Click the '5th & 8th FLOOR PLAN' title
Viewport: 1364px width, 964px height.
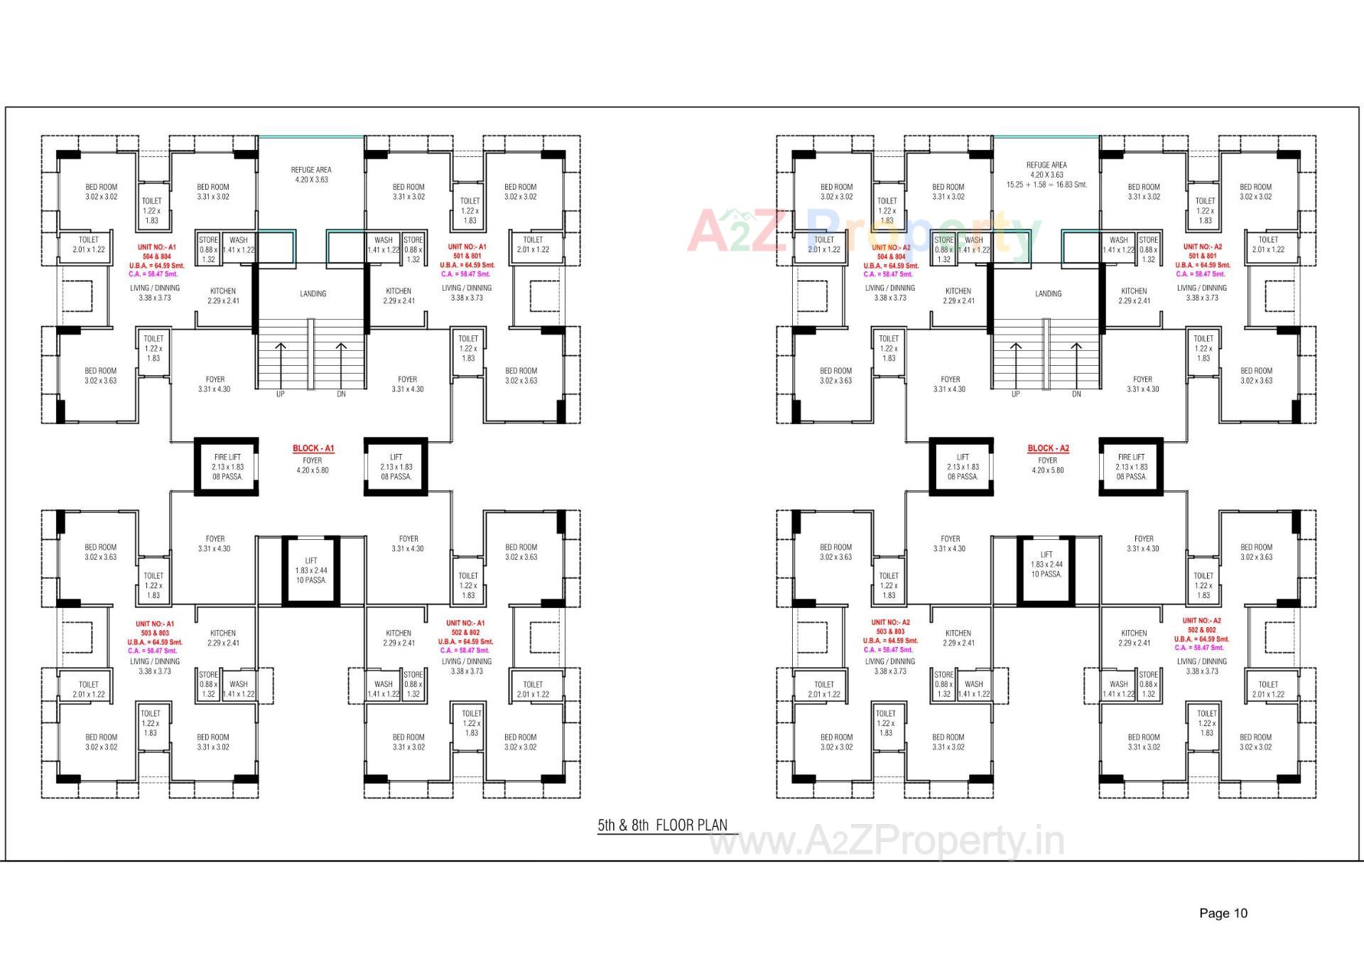click(662, 825)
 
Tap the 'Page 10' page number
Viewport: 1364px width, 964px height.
click(1223, 914)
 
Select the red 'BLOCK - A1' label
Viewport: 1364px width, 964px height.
click(313, 448)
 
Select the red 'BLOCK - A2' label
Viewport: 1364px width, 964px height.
click(1048, 448)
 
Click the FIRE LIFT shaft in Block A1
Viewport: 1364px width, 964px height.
click(227, 467)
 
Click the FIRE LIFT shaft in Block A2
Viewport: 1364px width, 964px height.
click(1131, 467)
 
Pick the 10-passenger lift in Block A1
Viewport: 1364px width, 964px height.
click(311, 570)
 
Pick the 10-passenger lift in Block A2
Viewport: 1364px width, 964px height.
click(1046, 564)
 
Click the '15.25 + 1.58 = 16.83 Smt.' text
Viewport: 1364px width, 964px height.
click(1046, 185)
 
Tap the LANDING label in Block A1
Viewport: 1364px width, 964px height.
click(313, 293)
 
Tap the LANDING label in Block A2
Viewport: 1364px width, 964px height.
click(1048, 293)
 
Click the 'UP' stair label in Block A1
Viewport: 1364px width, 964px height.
click(280, 394)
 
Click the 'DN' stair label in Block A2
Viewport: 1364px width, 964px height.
click(1076, 394)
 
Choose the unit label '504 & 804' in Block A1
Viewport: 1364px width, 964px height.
click(156, 256)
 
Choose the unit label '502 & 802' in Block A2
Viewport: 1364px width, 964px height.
click(1201, 630)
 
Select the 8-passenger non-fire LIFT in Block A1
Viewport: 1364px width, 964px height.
click(396, 467)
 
